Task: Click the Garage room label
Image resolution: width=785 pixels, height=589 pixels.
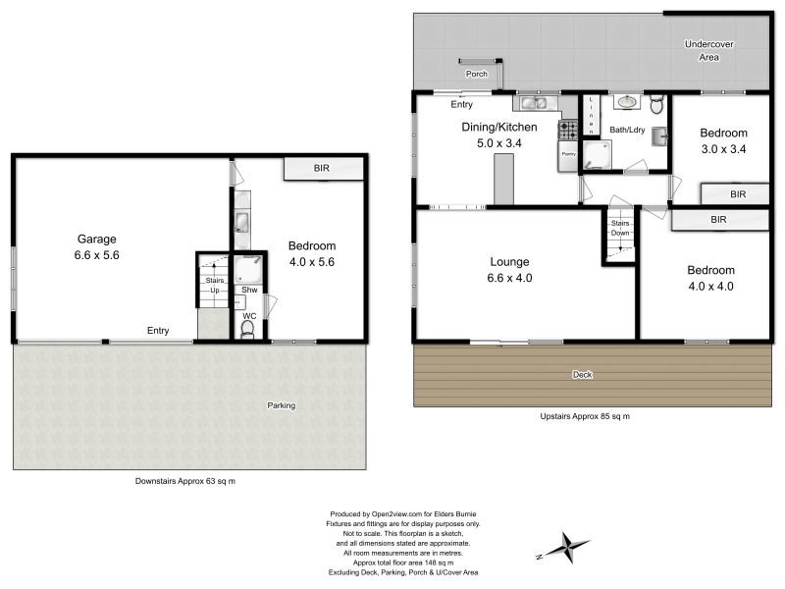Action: (x=97, y=239)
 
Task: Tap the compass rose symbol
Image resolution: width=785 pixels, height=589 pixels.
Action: (x=564, y=545)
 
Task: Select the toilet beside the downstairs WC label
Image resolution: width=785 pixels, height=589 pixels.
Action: (x=246, y=332)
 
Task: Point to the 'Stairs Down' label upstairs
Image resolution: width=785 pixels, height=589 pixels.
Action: (x=619, y=229)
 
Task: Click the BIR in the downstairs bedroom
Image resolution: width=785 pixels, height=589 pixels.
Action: (x=321, y=169)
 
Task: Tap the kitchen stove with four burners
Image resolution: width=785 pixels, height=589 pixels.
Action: (x=568, y=128)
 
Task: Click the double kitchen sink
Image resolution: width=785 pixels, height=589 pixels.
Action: (x=535, y=101)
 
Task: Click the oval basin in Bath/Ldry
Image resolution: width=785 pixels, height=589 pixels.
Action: (x=627, y=101)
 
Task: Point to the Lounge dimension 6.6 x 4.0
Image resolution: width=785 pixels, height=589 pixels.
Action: (x=511, y=279)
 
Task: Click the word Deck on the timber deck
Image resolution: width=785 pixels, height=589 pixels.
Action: (x=583, y=375)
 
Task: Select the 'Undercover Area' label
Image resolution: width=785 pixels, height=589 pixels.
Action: (x=709, y=51)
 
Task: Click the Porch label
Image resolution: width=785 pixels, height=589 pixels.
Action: (x=477, y=74)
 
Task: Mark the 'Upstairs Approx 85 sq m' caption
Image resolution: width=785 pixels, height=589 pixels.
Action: (x=584, y=416)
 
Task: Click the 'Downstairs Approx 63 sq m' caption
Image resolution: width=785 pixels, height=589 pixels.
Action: (x=184, y=481)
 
